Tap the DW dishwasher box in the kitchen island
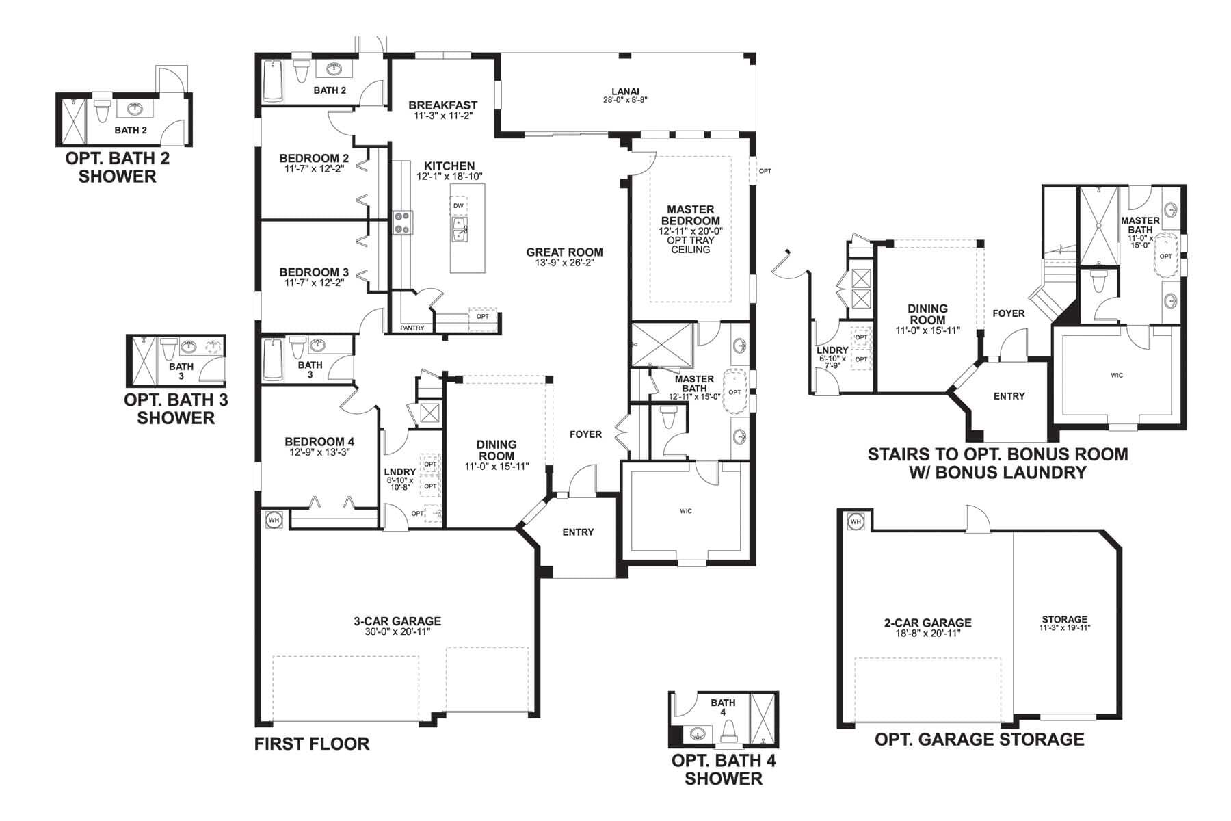click(x=458, y=206)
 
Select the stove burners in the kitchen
click(x=401, y=222)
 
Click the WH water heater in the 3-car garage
click(x=274, y=519)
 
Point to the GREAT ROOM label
click(x=564, y=252)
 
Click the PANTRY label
click(x=412, y=328)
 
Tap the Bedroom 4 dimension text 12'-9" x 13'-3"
click(x=319, y=452)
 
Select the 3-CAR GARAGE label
click(x=397, y=621)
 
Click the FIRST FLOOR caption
click(x=312, y=744)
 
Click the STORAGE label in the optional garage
click(x=1064, y=619)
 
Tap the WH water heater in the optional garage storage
click(x=855, y=522)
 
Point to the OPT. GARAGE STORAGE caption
click(x=979, y=740)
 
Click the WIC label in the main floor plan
click(x=685, y=511)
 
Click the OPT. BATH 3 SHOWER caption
click(x=176, y=409)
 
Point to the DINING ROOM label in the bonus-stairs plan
click(x=927, y=314)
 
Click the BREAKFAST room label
click(x=442, y=105)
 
